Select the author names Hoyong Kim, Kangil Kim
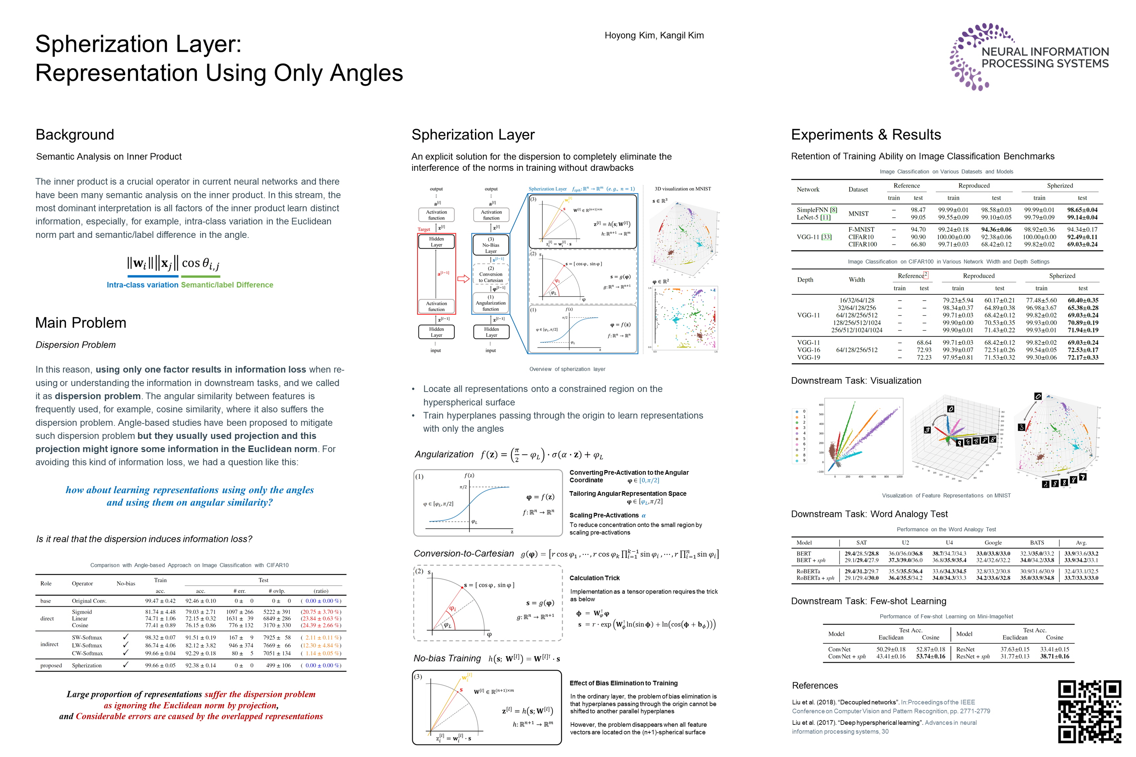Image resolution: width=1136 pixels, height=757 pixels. [654, 35]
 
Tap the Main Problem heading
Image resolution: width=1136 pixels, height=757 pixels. [81, 323]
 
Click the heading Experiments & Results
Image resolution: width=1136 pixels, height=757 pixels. [866, 134]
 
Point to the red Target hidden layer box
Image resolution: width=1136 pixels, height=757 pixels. [436, 273]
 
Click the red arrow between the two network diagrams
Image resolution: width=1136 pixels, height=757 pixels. [463, 279]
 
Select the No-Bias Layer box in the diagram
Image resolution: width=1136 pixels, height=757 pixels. [491, 245]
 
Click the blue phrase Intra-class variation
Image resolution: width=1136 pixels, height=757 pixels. [143, 285]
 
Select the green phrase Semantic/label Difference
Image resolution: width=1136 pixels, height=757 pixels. [227, 285]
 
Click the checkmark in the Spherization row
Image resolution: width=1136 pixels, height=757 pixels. [126, 665]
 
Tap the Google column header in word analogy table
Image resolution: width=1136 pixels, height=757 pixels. [993, 543]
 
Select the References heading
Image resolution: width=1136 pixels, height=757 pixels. [815, 686]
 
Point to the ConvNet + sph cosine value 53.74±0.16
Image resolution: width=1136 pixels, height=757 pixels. [931, 657]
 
